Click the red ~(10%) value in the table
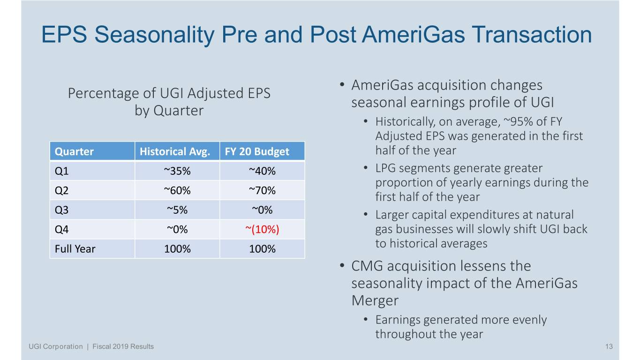point(262,229)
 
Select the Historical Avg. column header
point(176,151)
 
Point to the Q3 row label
point(62,210)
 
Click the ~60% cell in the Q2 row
point(177,190)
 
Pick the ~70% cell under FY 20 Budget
point(262,190)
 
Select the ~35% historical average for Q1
point(177,171)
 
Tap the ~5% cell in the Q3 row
point(177,210)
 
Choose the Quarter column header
point(74,151)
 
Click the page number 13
point(609,346)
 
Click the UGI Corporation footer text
point(55,346)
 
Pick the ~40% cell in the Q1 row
point(262,171)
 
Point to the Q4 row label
point(62,229)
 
